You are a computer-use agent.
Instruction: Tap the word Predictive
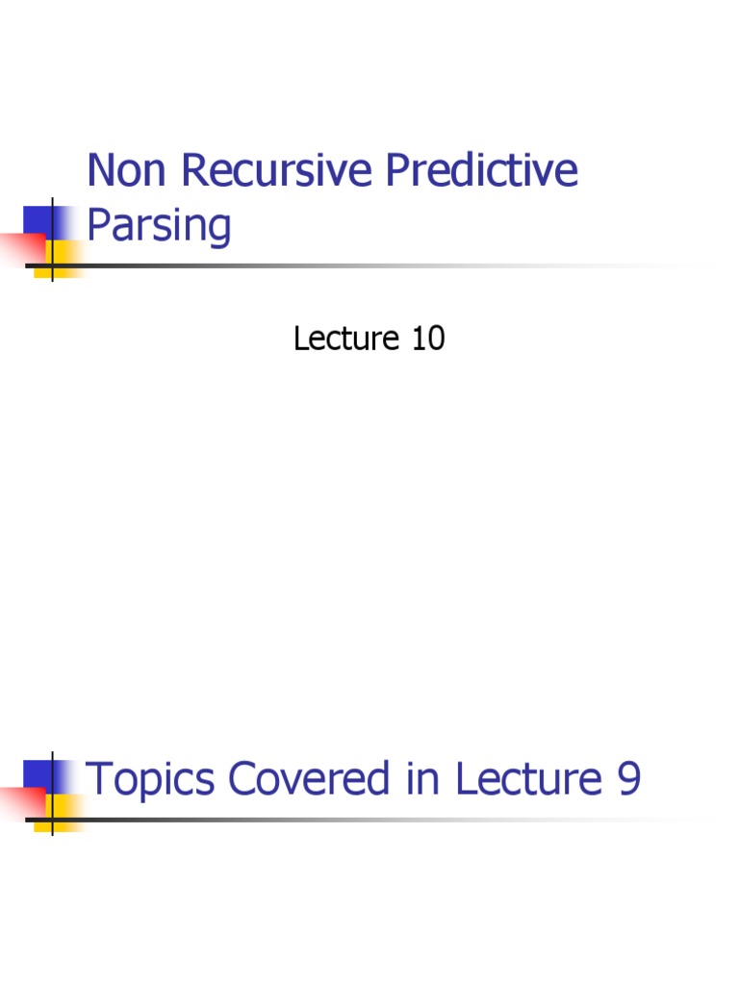[x=482, y=171]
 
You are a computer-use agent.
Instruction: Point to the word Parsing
[x=159, y=227]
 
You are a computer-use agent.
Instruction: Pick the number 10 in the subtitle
[x=427, y=339]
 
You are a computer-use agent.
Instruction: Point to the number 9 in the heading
[x=627, y=779]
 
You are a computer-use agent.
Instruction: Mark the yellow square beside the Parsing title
[x=65, y=254]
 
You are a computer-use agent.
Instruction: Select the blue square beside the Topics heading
[x=38, y=775]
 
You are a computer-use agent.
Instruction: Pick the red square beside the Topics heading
[x=19, y=802]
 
